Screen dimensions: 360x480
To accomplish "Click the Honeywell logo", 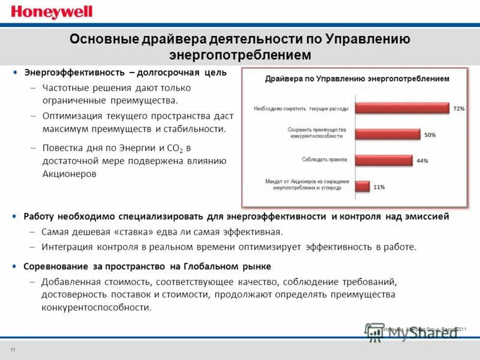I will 43,11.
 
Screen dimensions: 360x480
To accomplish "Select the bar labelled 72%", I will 401,109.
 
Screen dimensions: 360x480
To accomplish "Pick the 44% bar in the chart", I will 384,160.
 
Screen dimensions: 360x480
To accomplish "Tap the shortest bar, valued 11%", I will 362,186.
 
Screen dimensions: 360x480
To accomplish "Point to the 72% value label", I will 459,109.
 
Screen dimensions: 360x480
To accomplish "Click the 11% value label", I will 379,187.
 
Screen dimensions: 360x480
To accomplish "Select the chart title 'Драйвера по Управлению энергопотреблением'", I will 357,79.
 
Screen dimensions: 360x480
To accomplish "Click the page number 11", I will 13,349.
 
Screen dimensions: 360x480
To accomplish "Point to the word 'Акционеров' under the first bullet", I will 69,173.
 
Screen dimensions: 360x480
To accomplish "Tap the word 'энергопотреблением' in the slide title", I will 240,55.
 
